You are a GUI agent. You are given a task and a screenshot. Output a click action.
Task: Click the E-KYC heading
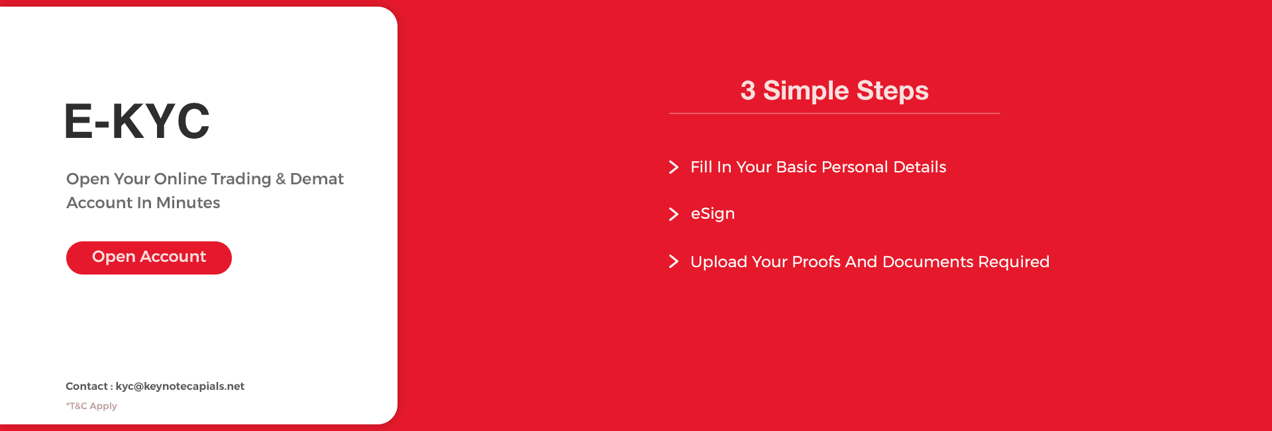pyautogui.click(x=137, y=121)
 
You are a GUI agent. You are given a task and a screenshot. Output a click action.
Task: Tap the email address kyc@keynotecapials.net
pyautogui.click(x=180, y=386)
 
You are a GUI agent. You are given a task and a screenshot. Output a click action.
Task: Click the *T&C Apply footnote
pyautogui.click(x=91, y=406)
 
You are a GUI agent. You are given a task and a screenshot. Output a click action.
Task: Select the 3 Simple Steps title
pyautogui.click(x=835, y=91)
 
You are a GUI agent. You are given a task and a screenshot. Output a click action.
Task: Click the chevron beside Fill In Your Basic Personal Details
pyautogui.click(x=674, y=167)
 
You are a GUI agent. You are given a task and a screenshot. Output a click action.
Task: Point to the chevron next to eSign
pyautogui.click(x=674, y=214)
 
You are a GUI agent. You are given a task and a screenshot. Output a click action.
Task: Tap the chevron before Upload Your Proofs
pyautogui.click(x=674, y=261)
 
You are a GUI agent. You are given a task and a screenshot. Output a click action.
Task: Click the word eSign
pyautogui.click(x=713, y=214)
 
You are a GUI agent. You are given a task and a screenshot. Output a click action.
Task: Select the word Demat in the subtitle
pyautogui.click(x=317, y=179)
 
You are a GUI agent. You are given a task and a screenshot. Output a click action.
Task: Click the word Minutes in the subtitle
pyautogui.click(x=188, y=203)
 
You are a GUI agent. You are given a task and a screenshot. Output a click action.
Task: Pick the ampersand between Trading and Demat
pyautogui.click(x=281, y=179)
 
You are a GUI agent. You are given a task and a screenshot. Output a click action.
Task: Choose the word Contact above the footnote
pyautogui.click(x=87, y=386)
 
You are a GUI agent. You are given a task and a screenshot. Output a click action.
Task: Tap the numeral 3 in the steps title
pyautogui.click(x=748, y=91)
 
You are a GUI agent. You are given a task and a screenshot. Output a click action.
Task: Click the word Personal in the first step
pyautogui.click(x=855, y=167)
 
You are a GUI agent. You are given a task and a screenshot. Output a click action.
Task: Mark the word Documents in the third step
pyautogui.click(x=928, y=262)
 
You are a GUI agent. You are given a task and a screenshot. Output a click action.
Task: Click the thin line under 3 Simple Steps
pyautogui.click(x=835, y=113)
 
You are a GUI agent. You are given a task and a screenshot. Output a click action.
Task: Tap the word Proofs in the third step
pyautogui.click(x=816, y=262)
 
